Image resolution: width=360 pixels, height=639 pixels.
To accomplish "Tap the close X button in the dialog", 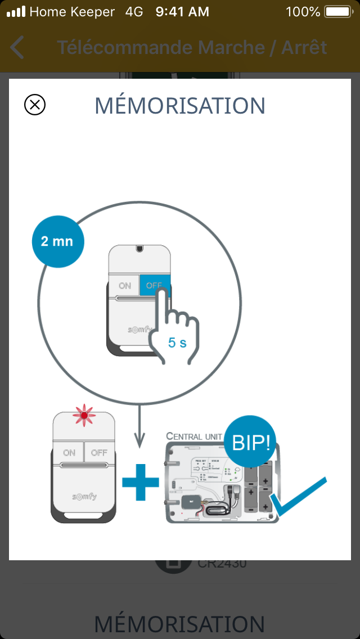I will (x=35, y=105).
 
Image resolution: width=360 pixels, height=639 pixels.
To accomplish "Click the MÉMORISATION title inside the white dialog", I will (x=179, y=106).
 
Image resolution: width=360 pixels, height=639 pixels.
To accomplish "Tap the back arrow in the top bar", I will (x=17, y=47).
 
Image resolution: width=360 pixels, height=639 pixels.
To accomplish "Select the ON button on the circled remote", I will (x=124, y=286).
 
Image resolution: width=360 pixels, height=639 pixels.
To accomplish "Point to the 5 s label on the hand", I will (x=177, y=343).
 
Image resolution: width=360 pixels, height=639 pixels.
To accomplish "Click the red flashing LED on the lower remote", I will (x=84, y=416).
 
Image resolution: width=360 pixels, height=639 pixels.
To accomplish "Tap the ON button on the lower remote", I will (x=69, y=452).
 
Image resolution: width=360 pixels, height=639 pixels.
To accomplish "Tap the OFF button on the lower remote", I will (x=99, y=452).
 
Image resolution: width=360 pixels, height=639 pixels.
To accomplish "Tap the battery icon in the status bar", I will (x=337, y=11).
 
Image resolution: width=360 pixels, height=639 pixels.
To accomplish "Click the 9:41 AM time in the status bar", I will (x=182, y=11).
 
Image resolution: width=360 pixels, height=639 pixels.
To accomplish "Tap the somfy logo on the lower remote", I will (x=84, y=496).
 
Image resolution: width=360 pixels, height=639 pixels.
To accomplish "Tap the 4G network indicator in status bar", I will (x=134, y=11).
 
